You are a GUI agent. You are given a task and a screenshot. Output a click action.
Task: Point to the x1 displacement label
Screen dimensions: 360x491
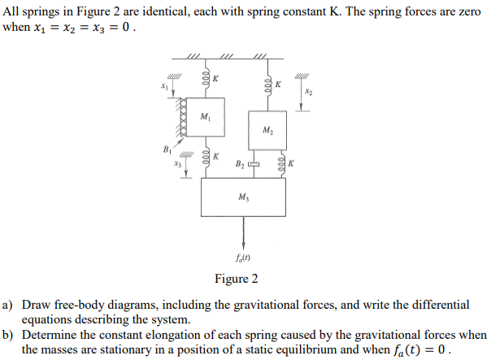coord(165,86)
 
